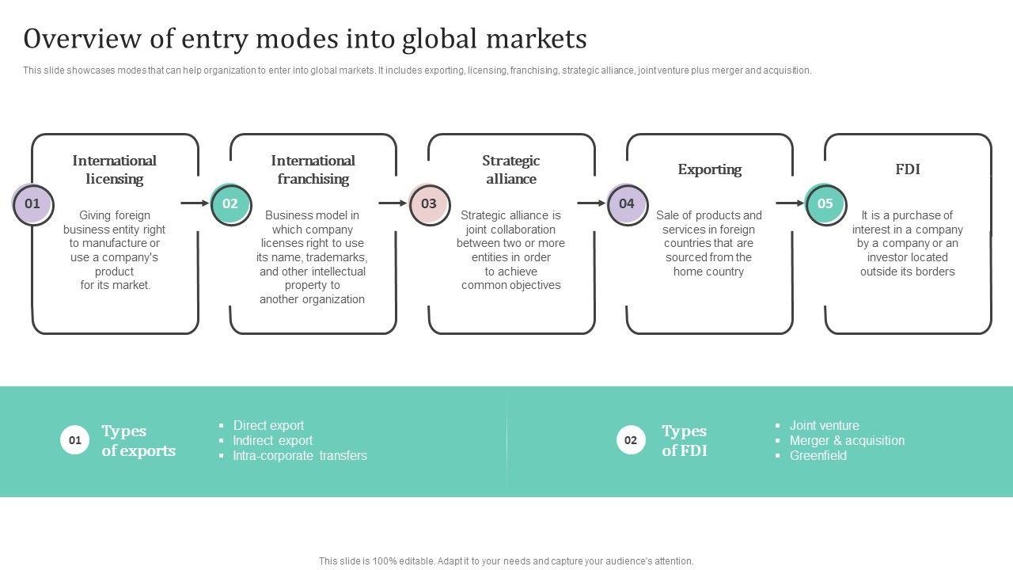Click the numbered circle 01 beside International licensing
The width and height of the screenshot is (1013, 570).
(x=32, y=204)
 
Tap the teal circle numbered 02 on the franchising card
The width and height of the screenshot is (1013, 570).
(x=230, y=204)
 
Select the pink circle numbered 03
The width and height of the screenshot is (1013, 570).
(x=429, y=204)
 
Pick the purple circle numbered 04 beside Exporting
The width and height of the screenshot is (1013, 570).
(x=627, y=204)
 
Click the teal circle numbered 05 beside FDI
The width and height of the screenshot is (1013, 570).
(x=825, y=204)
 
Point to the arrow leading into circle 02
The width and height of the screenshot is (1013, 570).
(x=195, y=203)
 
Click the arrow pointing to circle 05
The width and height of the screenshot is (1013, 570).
(x=790, y=203)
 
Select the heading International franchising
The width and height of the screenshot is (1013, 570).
(x=313, y=169)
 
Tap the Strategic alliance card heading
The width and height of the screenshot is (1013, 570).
(x=511, y=169)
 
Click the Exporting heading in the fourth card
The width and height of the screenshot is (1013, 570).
(x=709, y=169)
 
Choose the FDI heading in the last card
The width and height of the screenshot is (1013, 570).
(x=907, y=169)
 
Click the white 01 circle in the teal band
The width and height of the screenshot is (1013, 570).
(x=74, y=440)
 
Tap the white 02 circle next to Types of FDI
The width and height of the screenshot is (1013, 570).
(x=631, y=440)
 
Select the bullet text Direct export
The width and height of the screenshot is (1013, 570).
(x=268, y=426)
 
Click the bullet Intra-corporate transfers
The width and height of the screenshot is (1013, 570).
(x=299, y=456)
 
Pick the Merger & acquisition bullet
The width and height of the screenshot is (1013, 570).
(x=847, y=441)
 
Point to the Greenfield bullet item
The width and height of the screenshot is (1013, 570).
(x=818, y=456)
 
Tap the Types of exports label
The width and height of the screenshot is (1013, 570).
(x=138, y=441)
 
